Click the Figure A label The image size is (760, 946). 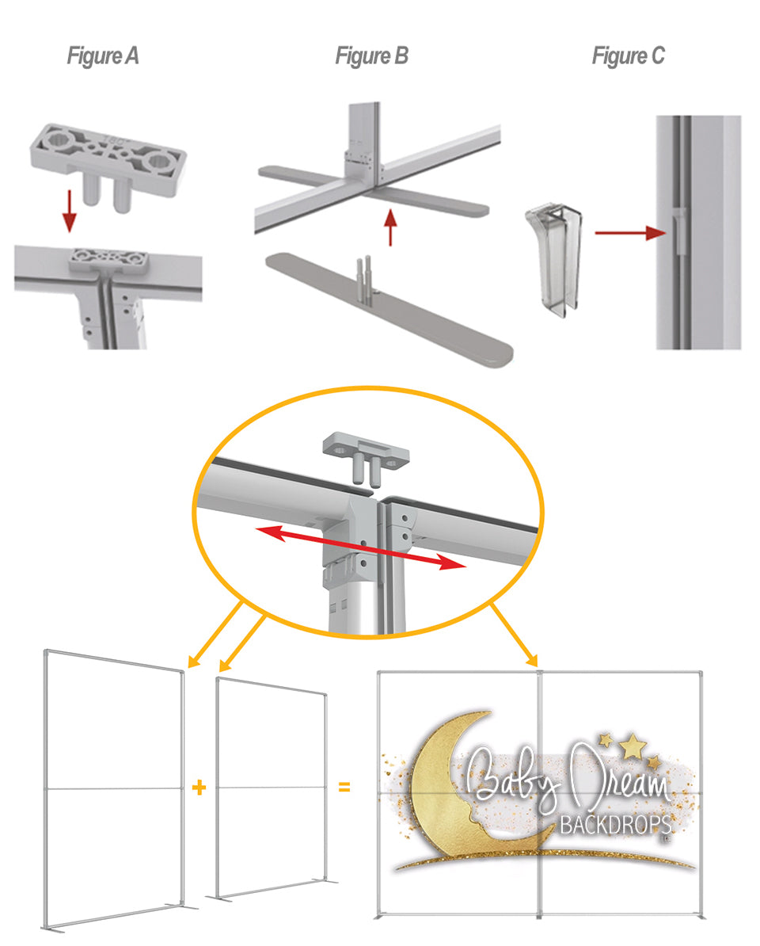point(102,56)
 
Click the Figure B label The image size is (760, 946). point(371,56)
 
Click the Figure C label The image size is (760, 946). point(628,56)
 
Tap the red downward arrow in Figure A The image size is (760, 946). point(70,211)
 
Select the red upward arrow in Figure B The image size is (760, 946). point(390,227)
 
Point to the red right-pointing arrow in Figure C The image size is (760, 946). point(630,233)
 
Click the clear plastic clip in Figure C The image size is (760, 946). point(554,258)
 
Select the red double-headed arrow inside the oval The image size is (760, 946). point(361,547)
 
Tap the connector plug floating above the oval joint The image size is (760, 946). point(365,456)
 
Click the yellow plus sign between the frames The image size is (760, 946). point(199,788)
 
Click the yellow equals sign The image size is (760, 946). point(344,788)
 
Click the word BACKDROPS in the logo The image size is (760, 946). point(616,825)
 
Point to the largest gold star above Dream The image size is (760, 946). point(633,745)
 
